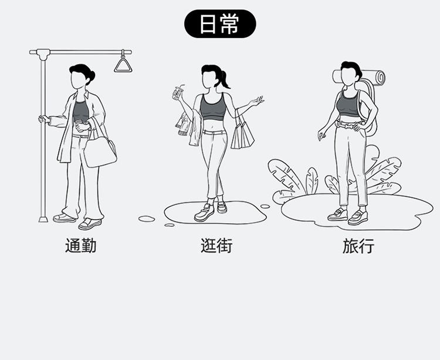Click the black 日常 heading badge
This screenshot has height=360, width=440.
(220, 24)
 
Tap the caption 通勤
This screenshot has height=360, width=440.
(80, 245)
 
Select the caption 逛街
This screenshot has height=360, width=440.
(216, 245)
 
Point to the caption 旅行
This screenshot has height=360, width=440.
(358, 245)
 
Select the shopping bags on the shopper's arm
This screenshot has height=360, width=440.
(242, 133)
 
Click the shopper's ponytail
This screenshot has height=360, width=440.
(225, 80)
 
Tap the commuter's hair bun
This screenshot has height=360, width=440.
(91, 75)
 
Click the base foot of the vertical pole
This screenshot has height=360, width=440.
(42, 218)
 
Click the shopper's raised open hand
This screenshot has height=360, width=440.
(256, 102)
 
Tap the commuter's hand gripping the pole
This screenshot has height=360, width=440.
(44, 119)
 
